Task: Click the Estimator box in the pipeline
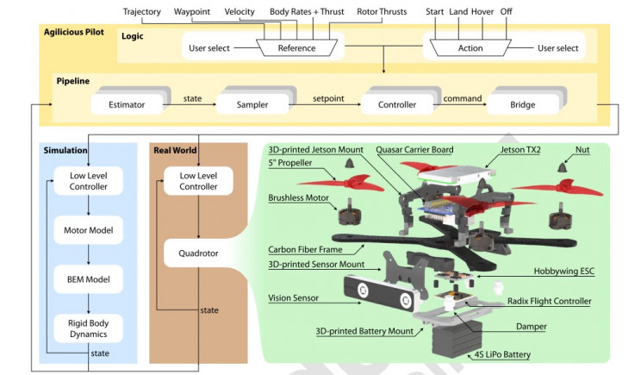[x=127, y=105]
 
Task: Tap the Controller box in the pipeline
[x=397, y=105]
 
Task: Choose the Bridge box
[x=521, y=105]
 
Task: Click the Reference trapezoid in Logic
[x=296, y=48]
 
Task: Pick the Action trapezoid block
[x=470, y=48]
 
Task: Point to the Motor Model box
[x=89, y=231]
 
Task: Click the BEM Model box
[x=89, y=279]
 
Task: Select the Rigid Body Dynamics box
[x=89, y=328]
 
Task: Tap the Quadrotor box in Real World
[x=198, y=254]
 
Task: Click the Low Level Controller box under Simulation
[x=89, y=182]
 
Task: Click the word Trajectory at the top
[x=143, y=12]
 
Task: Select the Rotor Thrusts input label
[x=381, y=12]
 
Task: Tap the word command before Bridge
[x=462, y=99]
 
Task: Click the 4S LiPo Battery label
[x=503, y=354]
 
